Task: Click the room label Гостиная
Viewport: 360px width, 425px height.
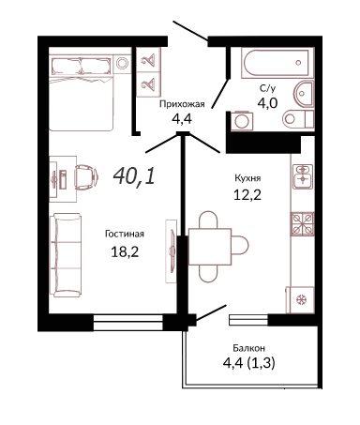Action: [x=125, y=234]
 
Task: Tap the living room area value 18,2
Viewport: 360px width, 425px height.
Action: [x=125, y=251]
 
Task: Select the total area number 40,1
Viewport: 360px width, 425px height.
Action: [x=134, y=175]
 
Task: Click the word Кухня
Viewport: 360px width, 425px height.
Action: [x=247, y=178]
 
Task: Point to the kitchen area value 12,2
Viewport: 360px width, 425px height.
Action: [x=247, y=195]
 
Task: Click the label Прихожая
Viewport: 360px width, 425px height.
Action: [x=182, y=104]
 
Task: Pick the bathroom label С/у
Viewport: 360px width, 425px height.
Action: [x=267, y=88]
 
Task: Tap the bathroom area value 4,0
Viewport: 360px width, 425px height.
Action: [x=267, y=102]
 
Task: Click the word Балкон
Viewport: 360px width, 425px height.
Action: [x=249, y=348]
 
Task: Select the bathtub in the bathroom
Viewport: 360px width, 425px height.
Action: [x=277, y=63]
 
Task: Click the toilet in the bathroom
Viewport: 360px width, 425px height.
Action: [x=298, y=118]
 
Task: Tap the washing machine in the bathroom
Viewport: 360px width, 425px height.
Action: [x=242, y=121]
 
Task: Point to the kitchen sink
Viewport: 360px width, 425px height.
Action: [x=303, y=176]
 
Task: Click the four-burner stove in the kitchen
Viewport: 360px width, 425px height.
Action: [x=303, y=223]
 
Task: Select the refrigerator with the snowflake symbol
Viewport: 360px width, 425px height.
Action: [x=300, y=299]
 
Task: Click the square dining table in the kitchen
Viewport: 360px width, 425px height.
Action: [x=210, y=247]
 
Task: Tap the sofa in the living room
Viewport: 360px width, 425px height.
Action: [x=67, y=255]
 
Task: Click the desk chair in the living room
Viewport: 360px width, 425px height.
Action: [x=86, y=177]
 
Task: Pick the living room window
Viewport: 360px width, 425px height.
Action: [x=128, y=322]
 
